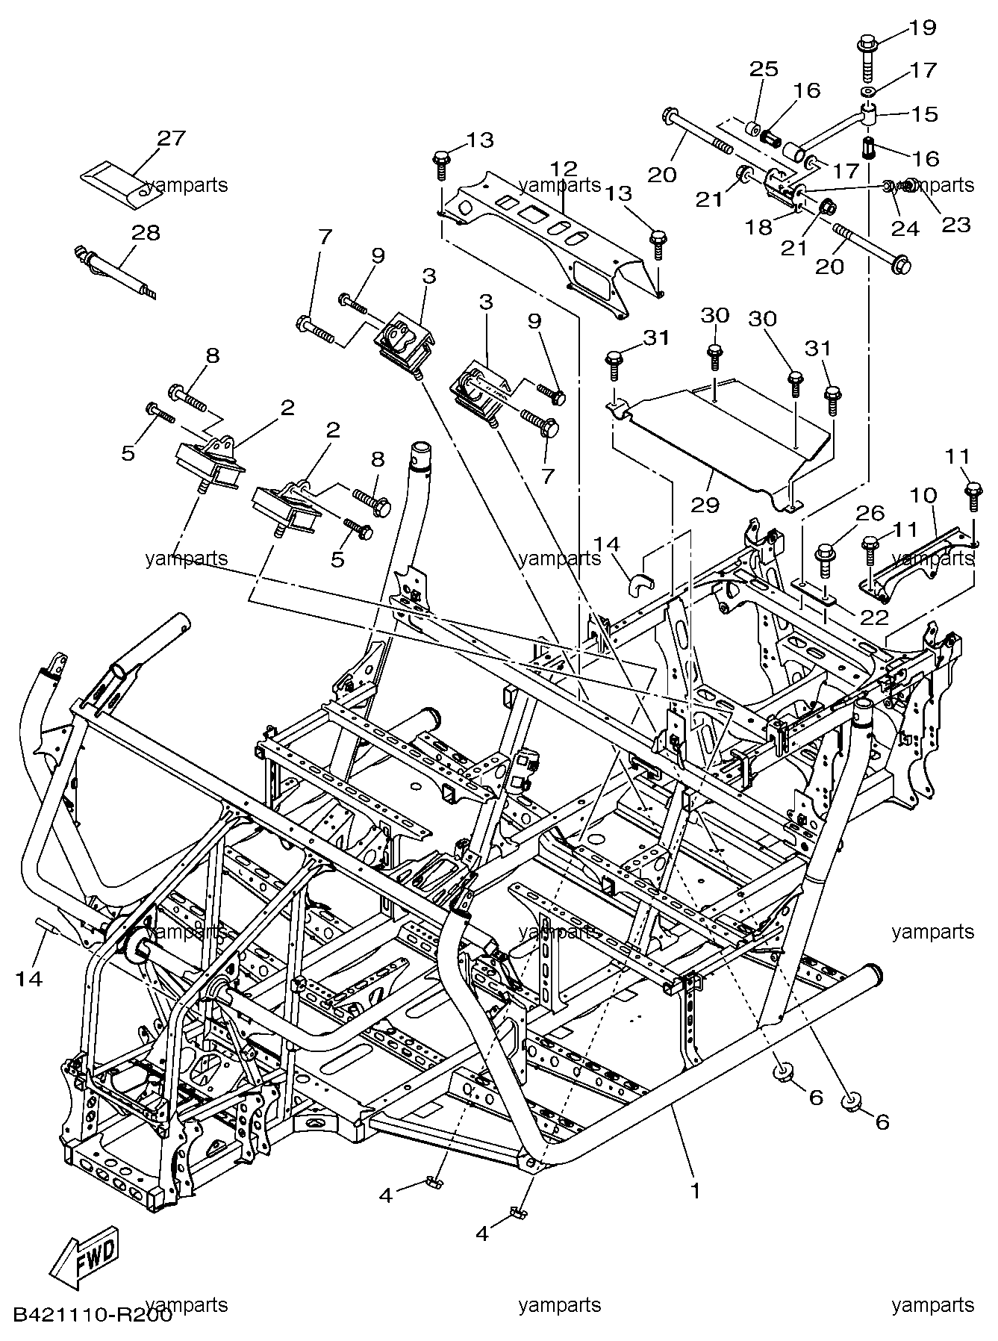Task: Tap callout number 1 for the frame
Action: (696, 1191)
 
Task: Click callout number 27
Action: (171, 138)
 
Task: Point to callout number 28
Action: (146, 232)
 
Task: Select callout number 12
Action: (565, 167)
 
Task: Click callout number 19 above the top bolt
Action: (922, 28)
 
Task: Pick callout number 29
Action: (705, 505)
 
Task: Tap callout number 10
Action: (923, 495)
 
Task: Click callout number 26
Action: (870, 513)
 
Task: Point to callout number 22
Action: (875, 617)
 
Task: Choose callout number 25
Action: (763, 69)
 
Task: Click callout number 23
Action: (957, 224)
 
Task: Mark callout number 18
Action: (759, 227)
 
